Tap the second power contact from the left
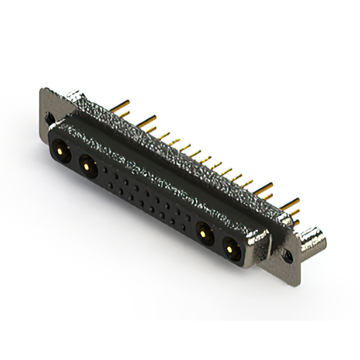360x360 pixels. tap(86, 164)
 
